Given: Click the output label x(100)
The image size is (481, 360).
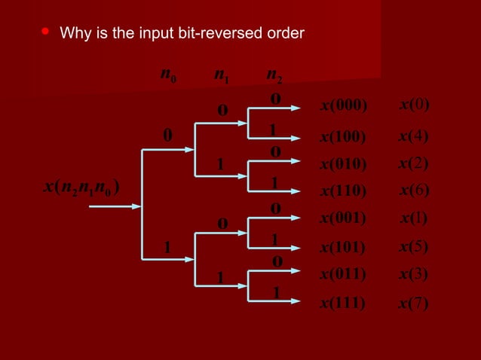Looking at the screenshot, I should point(343,137).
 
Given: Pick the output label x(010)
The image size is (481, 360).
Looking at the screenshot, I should point(343,164).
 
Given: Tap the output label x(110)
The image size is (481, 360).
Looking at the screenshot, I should point(343,191).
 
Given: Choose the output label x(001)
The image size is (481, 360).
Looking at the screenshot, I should point(343,219).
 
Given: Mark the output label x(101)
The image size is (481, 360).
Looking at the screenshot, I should point(343,247).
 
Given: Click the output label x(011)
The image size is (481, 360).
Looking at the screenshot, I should point(343,274).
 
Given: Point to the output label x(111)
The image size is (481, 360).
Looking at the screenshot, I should point(343,304).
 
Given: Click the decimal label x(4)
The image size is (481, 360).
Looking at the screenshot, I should point(414,136).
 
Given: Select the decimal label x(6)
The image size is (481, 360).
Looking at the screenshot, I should point(414,191).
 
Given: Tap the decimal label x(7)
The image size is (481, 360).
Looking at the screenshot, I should point(414,304).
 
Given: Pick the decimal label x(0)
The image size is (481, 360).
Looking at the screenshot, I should point(414,105).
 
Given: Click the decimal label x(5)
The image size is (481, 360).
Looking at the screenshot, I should point(414,246).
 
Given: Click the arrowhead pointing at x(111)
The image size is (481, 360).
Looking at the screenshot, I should point(305,300).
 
